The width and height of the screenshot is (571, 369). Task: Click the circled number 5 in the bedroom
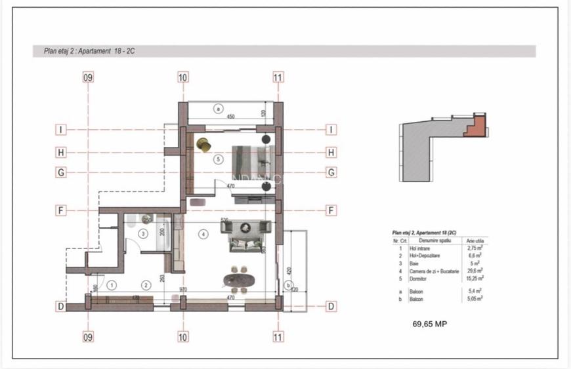tap(219, 159)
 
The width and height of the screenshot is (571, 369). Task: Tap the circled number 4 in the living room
tap(204, 233)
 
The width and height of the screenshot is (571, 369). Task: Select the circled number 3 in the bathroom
tap(143, 233)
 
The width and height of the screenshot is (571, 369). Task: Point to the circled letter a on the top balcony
tap(219, 107)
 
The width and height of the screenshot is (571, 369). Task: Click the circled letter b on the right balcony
tap(287, 285)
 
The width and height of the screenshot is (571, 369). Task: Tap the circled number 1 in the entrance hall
tap(112, 285)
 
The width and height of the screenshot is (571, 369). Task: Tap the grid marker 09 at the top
tap(88, 77)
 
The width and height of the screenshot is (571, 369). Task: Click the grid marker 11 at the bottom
tap(278, 338)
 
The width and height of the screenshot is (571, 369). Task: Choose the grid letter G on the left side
tap(60, 172)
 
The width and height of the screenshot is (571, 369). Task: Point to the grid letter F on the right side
tap(331, 210)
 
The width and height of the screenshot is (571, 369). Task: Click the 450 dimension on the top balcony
tap(230, 117)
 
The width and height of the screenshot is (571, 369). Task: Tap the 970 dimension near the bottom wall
tap(182, 289)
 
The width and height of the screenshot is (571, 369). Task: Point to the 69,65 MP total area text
tap(430, 324)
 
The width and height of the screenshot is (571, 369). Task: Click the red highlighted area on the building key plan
tap(476, 126)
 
